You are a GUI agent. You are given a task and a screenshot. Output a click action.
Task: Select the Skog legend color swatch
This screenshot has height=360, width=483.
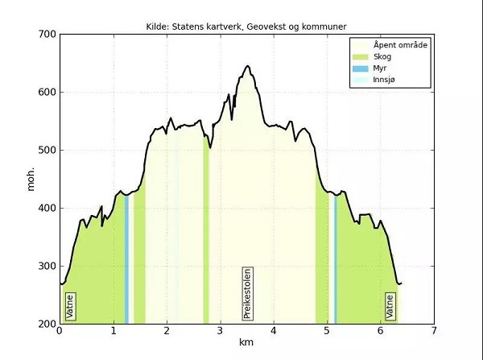pos(361,57)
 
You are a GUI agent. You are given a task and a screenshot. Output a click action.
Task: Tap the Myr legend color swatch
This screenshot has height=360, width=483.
pos(361,69)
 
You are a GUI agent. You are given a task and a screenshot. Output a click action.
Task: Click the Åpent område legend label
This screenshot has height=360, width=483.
pos(400,45)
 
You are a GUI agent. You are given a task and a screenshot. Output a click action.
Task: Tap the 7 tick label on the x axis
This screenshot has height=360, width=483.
pos(434,330)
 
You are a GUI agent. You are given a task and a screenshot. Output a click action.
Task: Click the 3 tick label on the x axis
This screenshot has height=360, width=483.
pos(220,330)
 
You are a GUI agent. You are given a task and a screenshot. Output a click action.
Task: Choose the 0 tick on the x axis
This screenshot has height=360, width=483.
pos(60,330)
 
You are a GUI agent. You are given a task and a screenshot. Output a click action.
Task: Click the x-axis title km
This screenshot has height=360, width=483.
pos(246,342)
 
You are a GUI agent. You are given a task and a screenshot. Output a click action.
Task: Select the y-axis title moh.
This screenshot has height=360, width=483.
pos(31,179)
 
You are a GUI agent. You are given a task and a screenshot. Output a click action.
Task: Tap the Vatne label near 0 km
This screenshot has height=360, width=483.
pos(70,307)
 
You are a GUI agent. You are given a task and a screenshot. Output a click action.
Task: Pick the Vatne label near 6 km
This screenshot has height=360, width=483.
pos(390,307)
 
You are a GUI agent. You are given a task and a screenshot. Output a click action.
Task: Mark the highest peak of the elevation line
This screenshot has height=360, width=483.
pos(247,66)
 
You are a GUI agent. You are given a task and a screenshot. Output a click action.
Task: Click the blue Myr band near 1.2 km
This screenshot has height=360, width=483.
pos(126,258)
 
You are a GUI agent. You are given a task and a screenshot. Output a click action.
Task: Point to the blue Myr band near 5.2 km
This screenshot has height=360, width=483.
pos(335,258)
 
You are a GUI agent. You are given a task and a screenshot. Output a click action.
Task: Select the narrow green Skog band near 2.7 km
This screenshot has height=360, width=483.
pos(206,242)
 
